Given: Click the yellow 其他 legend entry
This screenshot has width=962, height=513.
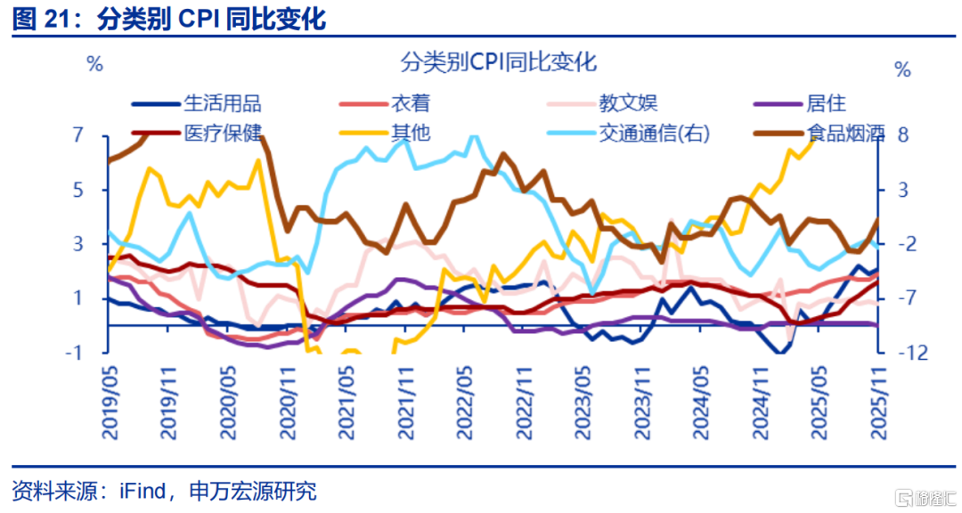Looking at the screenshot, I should click(411, 134).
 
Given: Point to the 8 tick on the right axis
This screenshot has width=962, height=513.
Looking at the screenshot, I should click(903, 135).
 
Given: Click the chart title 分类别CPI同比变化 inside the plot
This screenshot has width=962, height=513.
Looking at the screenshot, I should click(498, 62).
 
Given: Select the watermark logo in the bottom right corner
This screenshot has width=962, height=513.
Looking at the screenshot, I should click(922, 494).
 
